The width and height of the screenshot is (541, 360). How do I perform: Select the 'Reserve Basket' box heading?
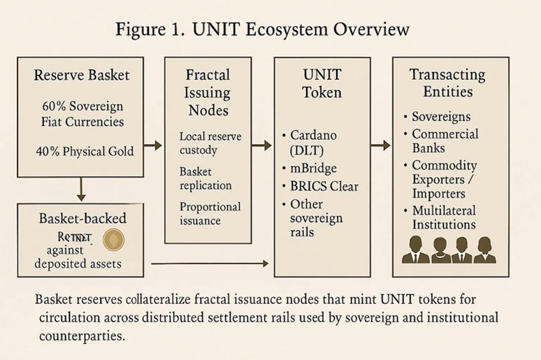82,75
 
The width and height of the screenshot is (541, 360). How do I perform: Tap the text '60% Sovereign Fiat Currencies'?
82,114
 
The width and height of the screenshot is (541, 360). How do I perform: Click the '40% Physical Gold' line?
82,150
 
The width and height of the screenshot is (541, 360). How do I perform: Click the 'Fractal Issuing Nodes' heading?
208,92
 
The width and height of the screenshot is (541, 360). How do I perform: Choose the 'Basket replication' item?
206,178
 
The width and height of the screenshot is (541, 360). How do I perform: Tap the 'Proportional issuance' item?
209,213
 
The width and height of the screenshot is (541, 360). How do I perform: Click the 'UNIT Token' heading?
322,83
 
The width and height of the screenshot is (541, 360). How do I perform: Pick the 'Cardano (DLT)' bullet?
312,141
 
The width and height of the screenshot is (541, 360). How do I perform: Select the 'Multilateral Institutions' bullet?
443,217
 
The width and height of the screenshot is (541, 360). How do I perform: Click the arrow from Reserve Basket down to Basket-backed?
81,188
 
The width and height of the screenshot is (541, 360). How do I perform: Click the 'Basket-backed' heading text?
82,218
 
